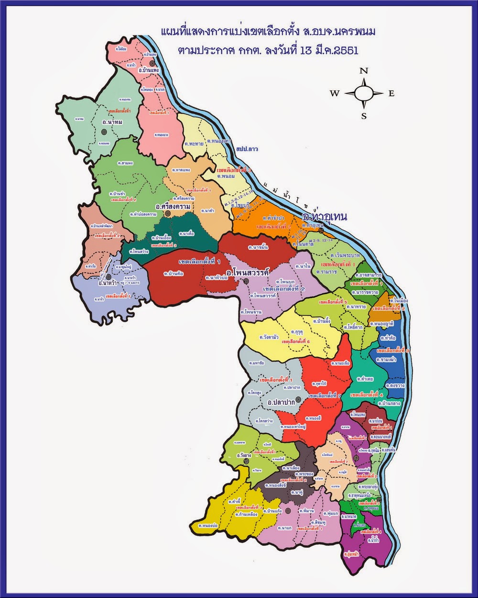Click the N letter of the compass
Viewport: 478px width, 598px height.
(x=364, y=71)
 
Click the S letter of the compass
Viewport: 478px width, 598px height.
(x=364, y=116)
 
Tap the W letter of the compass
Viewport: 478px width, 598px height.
(x=334, y=94)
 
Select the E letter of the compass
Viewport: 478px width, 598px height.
(x=391, y=94)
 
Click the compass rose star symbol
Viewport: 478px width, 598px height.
(x=364, y=93)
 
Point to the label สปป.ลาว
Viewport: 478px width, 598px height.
(x=247, y=149)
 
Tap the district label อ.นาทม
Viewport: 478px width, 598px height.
(x=112, y=122)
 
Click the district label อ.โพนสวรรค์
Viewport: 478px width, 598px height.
(x=248, y=272)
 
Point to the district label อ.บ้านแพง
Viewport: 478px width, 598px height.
(x=148, y=70)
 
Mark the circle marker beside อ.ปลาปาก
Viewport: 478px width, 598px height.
(x=298, y=399)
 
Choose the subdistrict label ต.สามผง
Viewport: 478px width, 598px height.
(x=125, y=163)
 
